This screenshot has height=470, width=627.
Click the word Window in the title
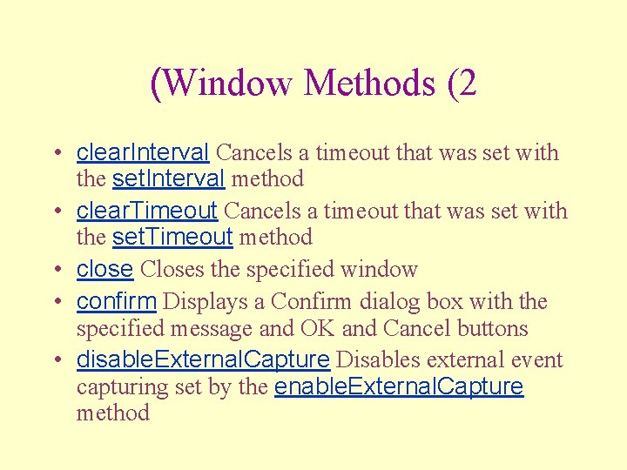(227, 83)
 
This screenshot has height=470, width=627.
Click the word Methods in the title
(369, 83)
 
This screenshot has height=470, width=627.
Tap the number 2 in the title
(467, 83)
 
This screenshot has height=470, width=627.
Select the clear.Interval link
(143, 153)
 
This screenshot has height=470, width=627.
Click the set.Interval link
(169, 179)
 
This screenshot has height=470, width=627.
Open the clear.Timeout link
(147, 211)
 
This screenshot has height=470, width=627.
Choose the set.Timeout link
(172, 237)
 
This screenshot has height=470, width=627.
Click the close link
(104, 270)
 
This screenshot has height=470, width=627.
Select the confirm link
(117, 302)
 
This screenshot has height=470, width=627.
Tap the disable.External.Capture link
(203, 359)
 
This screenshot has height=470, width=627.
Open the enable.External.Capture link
(399, 386)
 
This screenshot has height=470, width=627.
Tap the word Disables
(372, 359)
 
